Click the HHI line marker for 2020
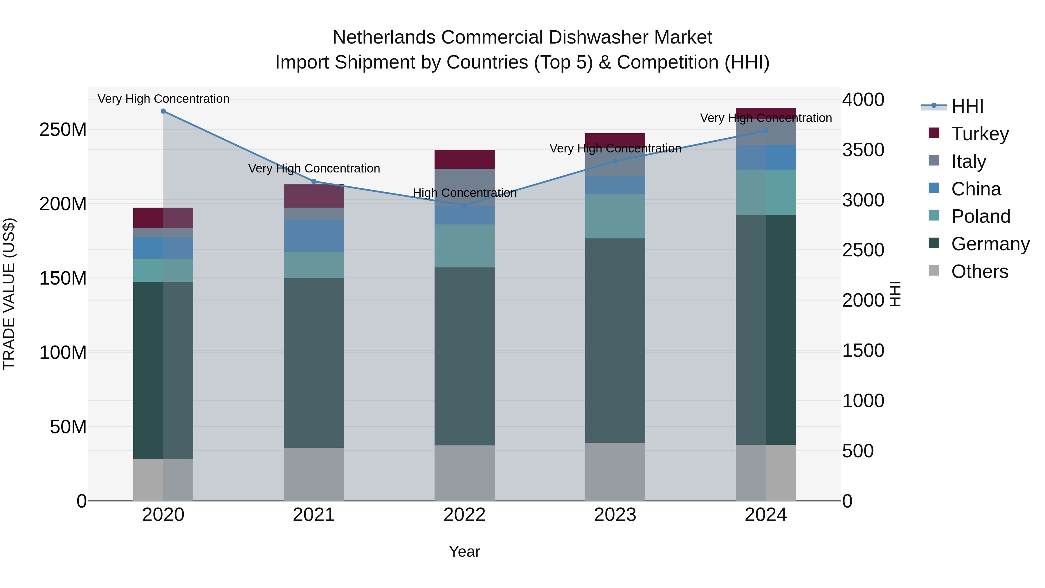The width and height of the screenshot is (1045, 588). pos(163,111)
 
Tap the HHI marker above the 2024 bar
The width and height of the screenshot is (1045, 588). pos(765,131)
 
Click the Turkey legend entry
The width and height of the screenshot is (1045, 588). pos(980,134)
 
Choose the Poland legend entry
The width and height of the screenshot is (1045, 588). pos(981,216)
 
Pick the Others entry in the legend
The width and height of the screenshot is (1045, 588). pos(979,271)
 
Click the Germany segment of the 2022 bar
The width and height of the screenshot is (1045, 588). pos(464,356)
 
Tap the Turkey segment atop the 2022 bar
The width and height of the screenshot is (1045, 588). pos(464,159)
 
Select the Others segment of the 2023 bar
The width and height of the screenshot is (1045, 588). pos(615,472)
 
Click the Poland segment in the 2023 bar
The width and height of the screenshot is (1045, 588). pos(615,216)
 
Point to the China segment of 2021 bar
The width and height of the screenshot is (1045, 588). pos(313,236)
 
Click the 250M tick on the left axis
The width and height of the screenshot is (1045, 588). pos(63,130)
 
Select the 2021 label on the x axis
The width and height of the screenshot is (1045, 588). pos(313,515)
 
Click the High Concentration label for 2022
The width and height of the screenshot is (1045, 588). pos(464,193)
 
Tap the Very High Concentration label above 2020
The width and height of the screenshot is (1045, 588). pos(163,99)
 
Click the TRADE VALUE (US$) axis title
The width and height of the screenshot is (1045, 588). pos(9,294)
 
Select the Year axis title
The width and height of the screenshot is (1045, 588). pos(464,551)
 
